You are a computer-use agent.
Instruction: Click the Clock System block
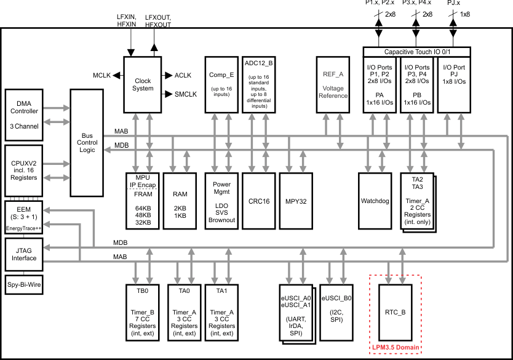143,84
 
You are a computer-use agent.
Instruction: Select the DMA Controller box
24,114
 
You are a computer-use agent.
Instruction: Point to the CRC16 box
258,200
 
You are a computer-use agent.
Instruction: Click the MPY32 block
296,200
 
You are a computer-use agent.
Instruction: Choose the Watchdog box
375,200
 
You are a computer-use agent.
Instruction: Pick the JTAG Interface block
24,254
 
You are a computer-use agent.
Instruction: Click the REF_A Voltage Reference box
333,84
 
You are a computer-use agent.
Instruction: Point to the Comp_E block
221,84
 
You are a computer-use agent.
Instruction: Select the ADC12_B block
258,84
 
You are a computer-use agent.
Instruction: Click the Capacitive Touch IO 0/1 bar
417,52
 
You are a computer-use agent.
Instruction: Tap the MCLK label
101,75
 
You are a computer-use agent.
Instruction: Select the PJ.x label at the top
453,4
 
